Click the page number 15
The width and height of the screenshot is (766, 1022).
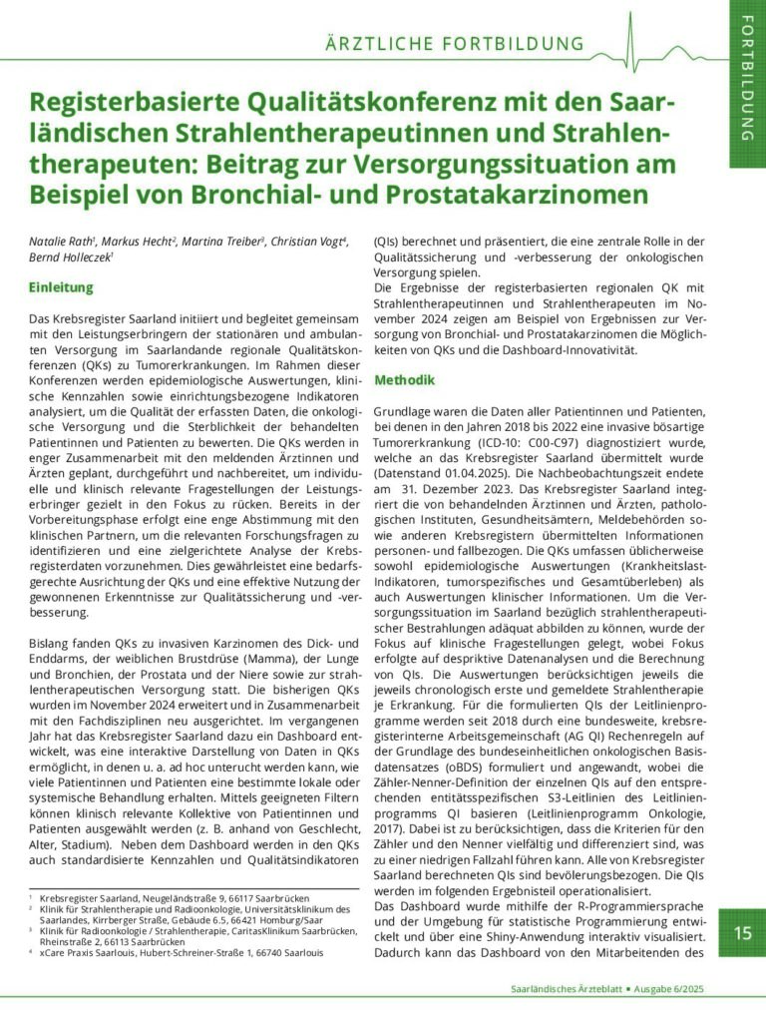tap(743, 934)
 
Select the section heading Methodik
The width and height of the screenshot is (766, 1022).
tap(404, 381)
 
